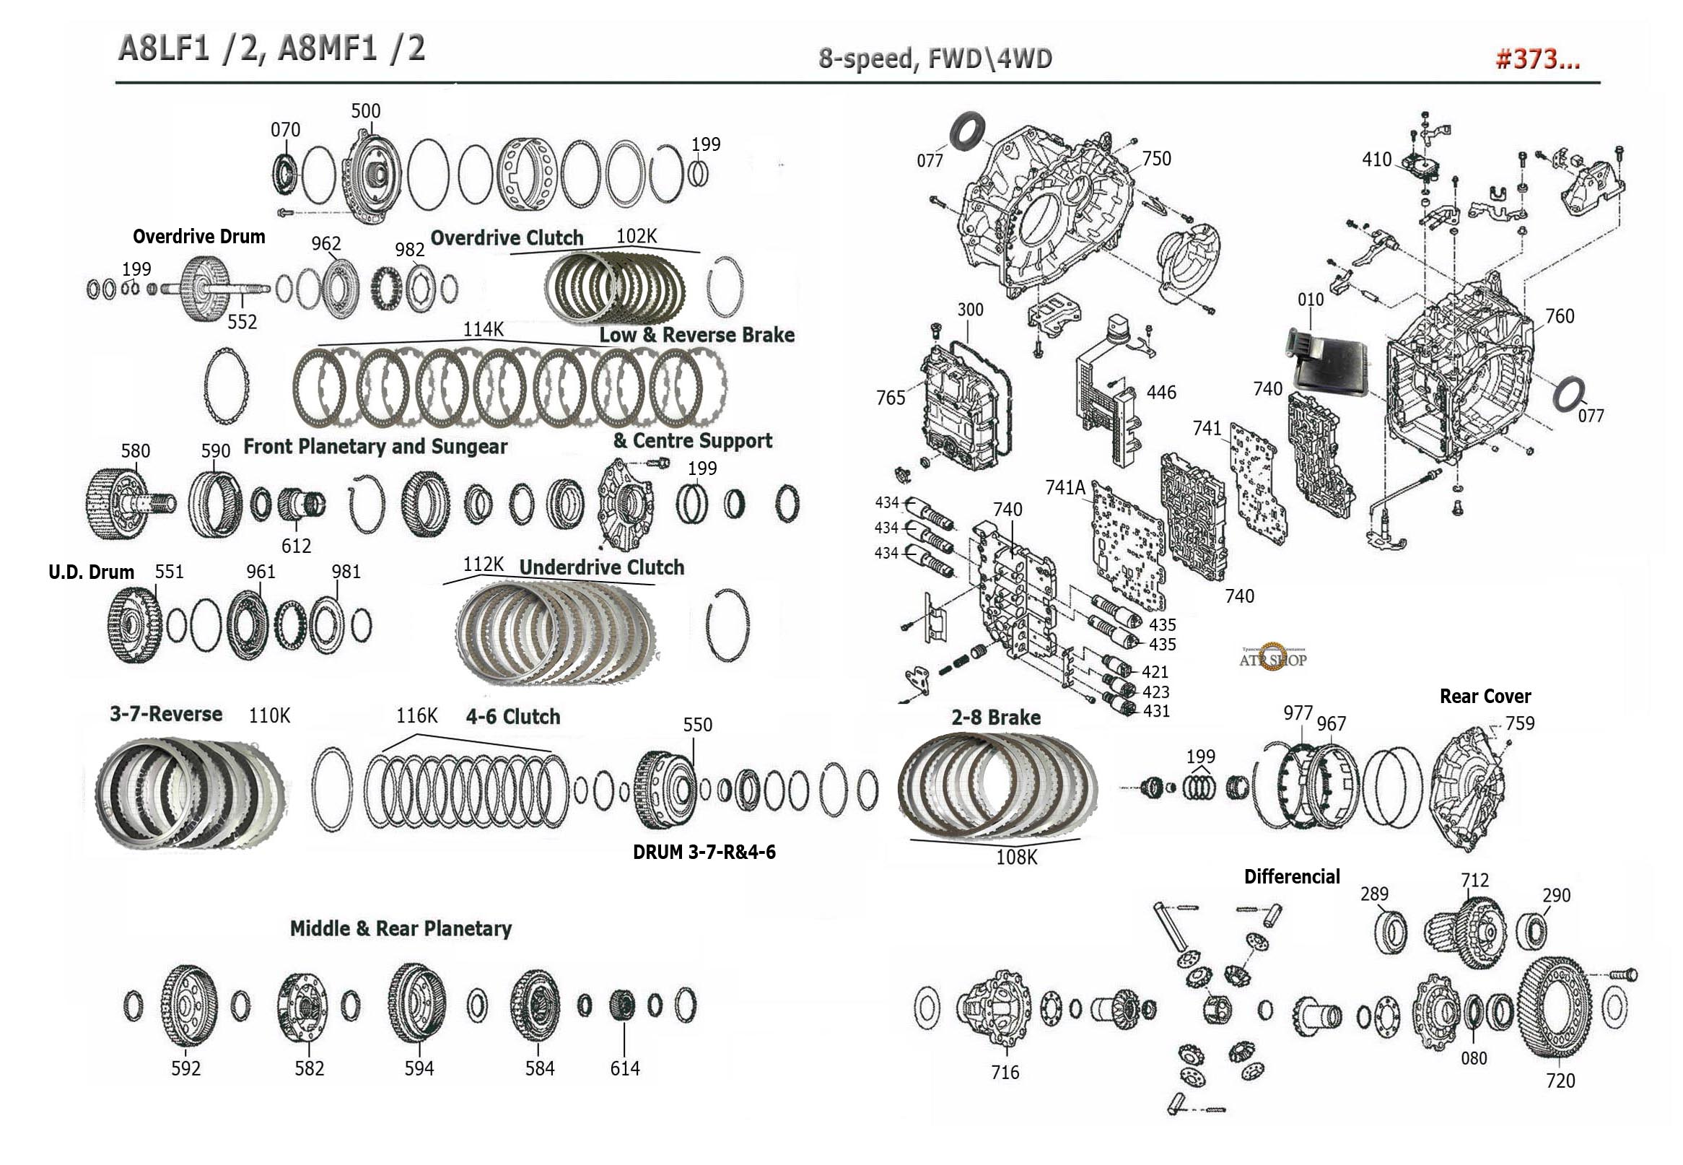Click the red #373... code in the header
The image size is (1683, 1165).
(1537, 59)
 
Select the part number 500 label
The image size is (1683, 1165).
(365, 111)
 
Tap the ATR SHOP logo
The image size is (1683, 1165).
(1272, 658)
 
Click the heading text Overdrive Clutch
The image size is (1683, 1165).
(507, 238)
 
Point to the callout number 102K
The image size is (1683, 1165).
(637, 236)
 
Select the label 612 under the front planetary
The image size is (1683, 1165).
(296, 545)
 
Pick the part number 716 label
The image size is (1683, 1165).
(1005, 1072)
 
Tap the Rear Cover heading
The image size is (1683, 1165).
(1485, 696)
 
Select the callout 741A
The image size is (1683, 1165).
(1065, 487)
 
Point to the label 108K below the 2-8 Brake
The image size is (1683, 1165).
(1016, 857)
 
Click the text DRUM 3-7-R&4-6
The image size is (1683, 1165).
(704, 852)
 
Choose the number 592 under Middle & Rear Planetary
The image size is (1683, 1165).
(185, 1068)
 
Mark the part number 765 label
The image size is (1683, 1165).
(891, 398)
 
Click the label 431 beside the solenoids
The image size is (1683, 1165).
(1155, 710)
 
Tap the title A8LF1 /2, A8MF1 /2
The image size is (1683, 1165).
(271, 49)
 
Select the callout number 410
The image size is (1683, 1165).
(1376, 159)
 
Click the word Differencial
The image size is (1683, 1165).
(1291, 876)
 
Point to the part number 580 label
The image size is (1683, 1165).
(135, 450)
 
